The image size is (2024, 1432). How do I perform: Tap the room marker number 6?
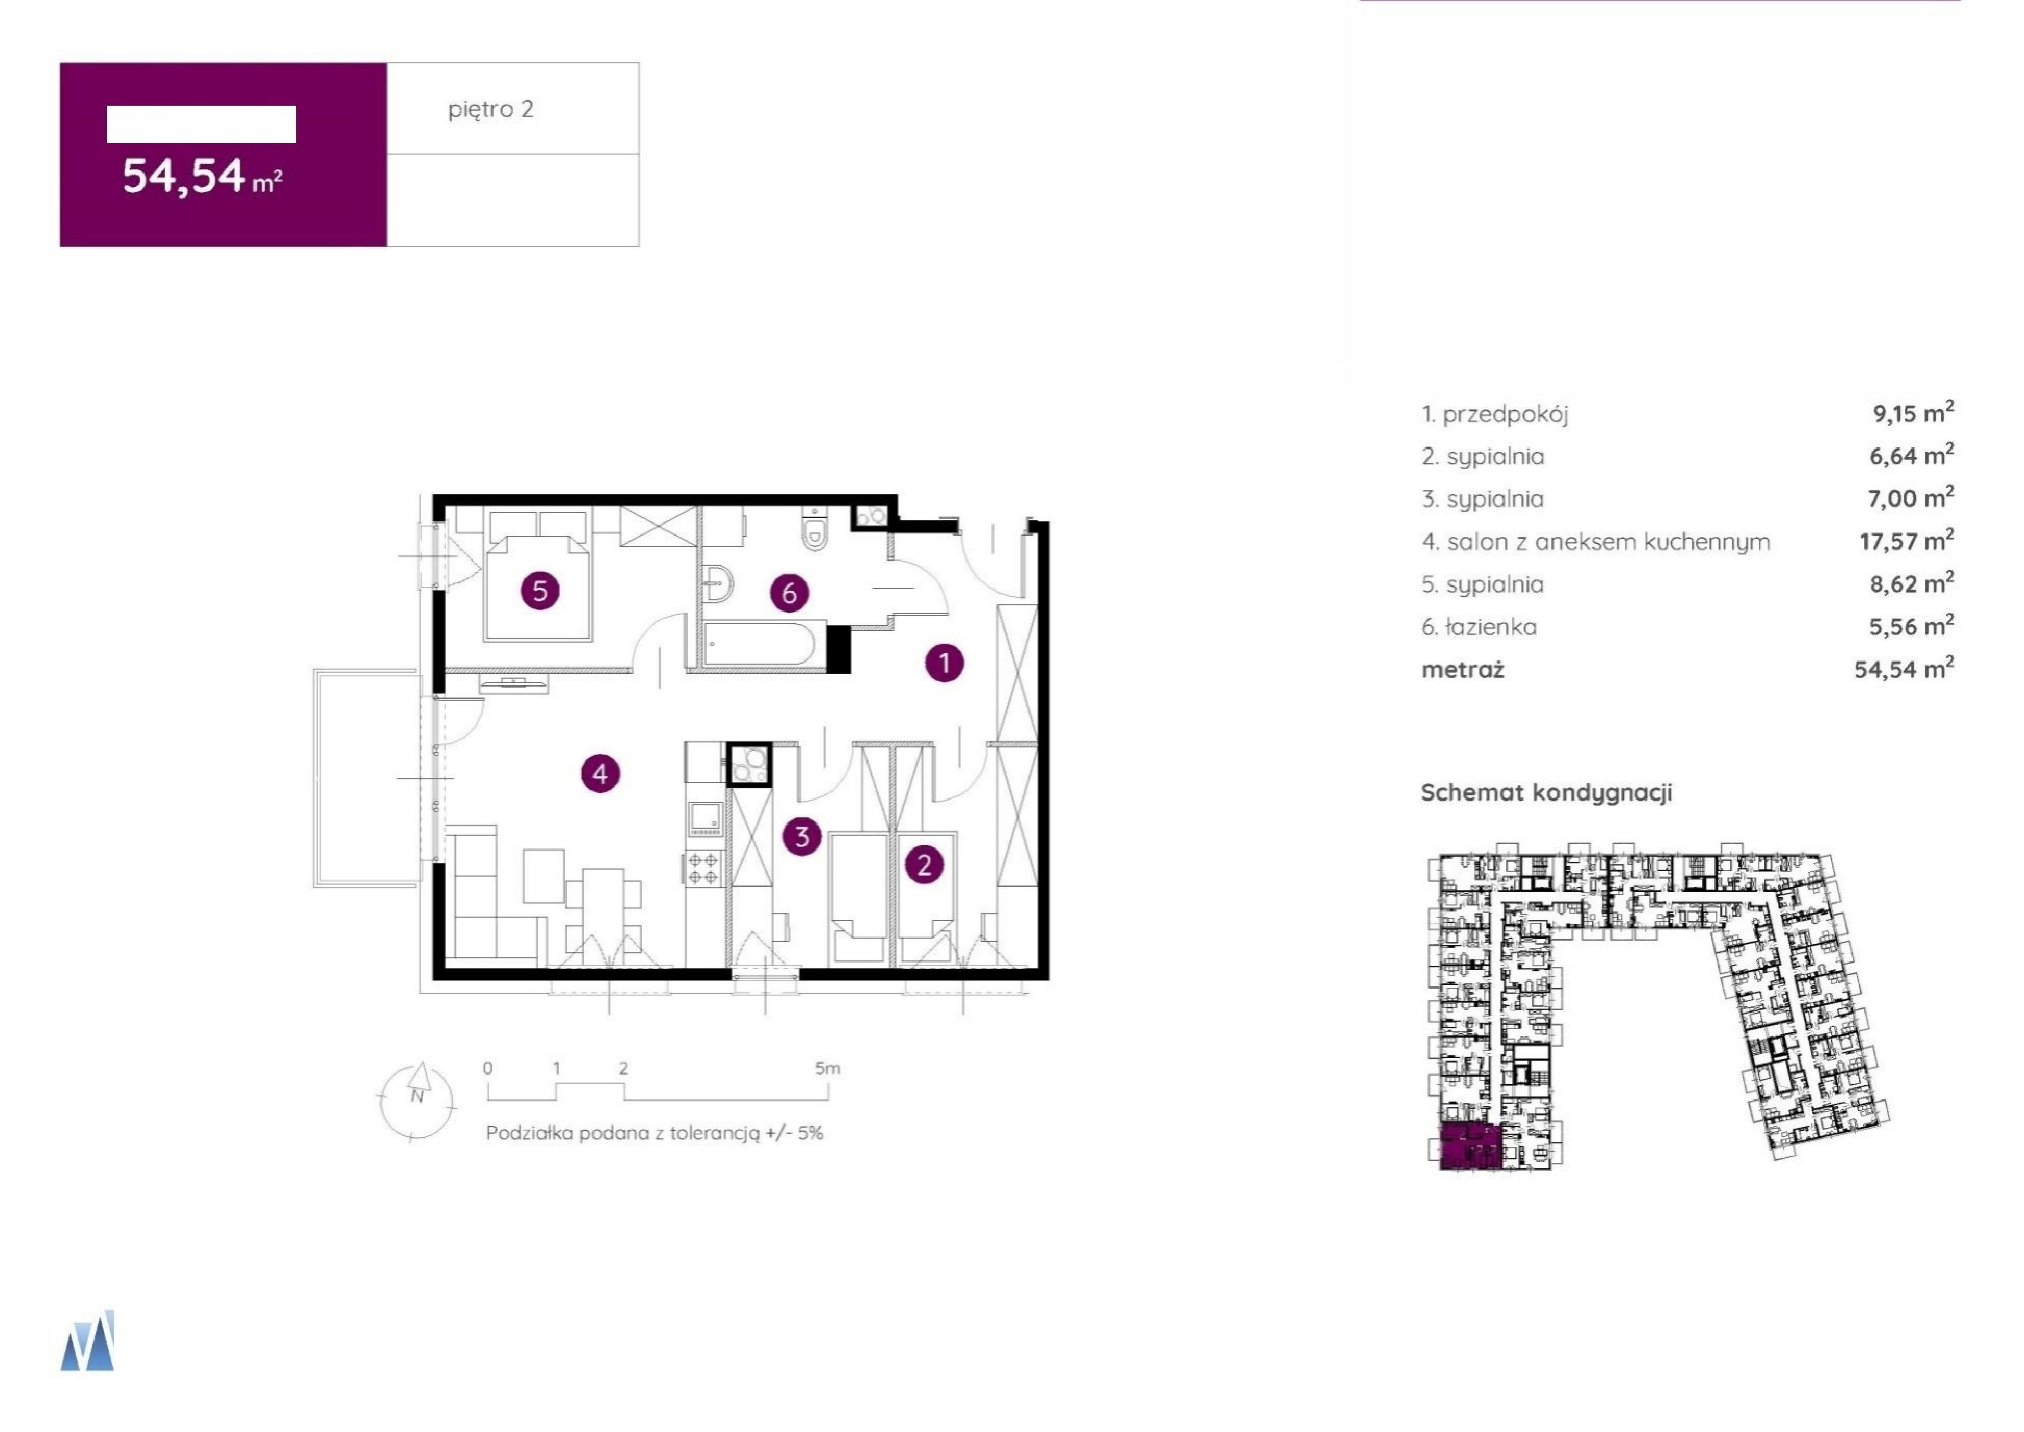coord(790,592)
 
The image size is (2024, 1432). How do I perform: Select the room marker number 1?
coord(945,662)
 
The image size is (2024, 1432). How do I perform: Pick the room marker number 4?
coord(601,774)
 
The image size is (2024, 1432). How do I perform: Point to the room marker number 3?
coord(803,836)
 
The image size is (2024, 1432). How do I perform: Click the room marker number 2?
coord(924,864)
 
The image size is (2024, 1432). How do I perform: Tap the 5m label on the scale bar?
coord(827,1069)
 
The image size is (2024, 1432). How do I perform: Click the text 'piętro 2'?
coord(491,109)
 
